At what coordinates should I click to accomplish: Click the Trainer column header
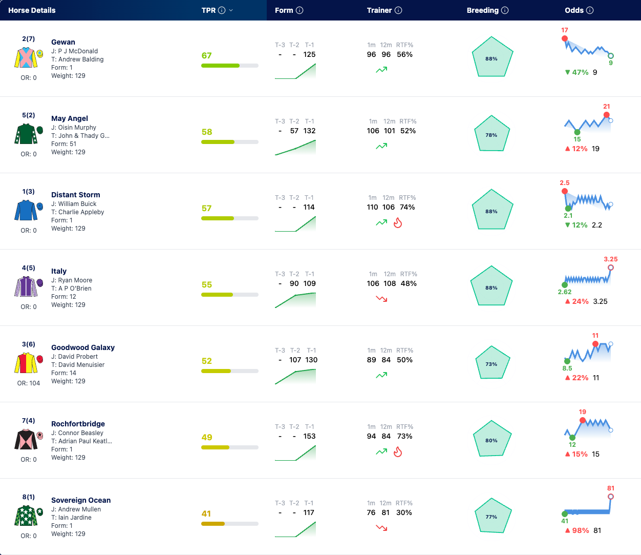(379, 10)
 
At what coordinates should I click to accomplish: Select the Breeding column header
(482, 10)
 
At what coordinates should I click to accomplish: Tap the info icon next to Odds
(590, 10)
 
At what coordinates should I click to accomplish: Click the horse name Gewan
(63, 42)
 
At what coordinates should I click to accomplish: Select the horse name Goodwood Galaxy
(83, 347)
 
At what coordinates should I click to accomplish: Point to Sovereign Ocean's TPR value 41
(206, 513)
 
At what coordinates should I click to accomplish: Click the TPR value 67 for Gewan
(206, 55)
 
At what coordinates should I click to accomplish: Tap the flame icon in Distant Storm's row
(398, 222)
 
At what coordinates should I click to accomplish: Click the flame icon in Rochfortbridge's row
(398, 451)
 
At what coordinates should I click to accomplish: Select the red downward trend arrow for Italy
(381, 299)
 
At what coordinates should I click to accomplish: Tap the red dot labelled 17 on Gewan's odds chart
(565, 38)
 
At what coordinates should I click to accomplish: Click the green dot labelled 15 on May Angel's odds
(577, 132)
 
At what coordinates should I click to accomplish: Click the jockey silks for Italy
(26, 286)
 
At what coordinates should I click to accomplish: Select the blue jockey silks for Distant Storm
(26, 210)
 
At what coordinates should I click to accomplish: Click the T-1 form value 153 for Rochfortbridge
(309, 436)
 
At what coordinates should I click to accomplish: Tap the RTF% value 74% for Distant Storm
(408, 207)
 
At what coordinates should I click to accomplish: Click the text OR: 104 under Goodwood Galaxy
(29, 383)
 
